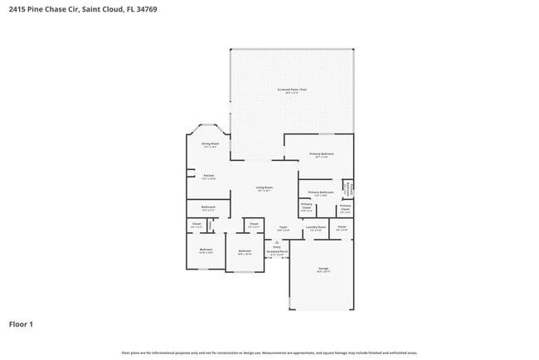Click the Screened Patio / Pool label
click(x=291, y=90)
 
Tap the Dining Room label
click(x=210, y=144)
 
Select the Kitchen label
click(x=210, y=176)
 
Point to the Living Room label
click(x=265, y=188)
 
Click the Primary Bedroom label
click(x=322, y=154)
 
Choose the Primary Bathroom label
click(x=320, y=192)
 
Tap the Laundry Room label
click(x=316, y=227)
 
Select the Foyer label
click(x=283, y=227)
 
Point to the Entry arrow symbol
click(x=277, y=242)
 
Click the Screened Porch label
click(x=277, y=252)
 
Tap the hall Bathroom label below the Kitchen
click(x=208, y=207)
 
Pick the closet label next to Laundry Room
click(x=342, y=226)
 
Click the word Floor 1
click(x=21, y=324)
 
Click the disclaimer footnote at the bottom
click(x=269, y=353)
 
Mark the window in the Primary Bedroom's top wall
click(x=327, y=134)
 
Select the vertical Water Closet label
click(x=350, y=188)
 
